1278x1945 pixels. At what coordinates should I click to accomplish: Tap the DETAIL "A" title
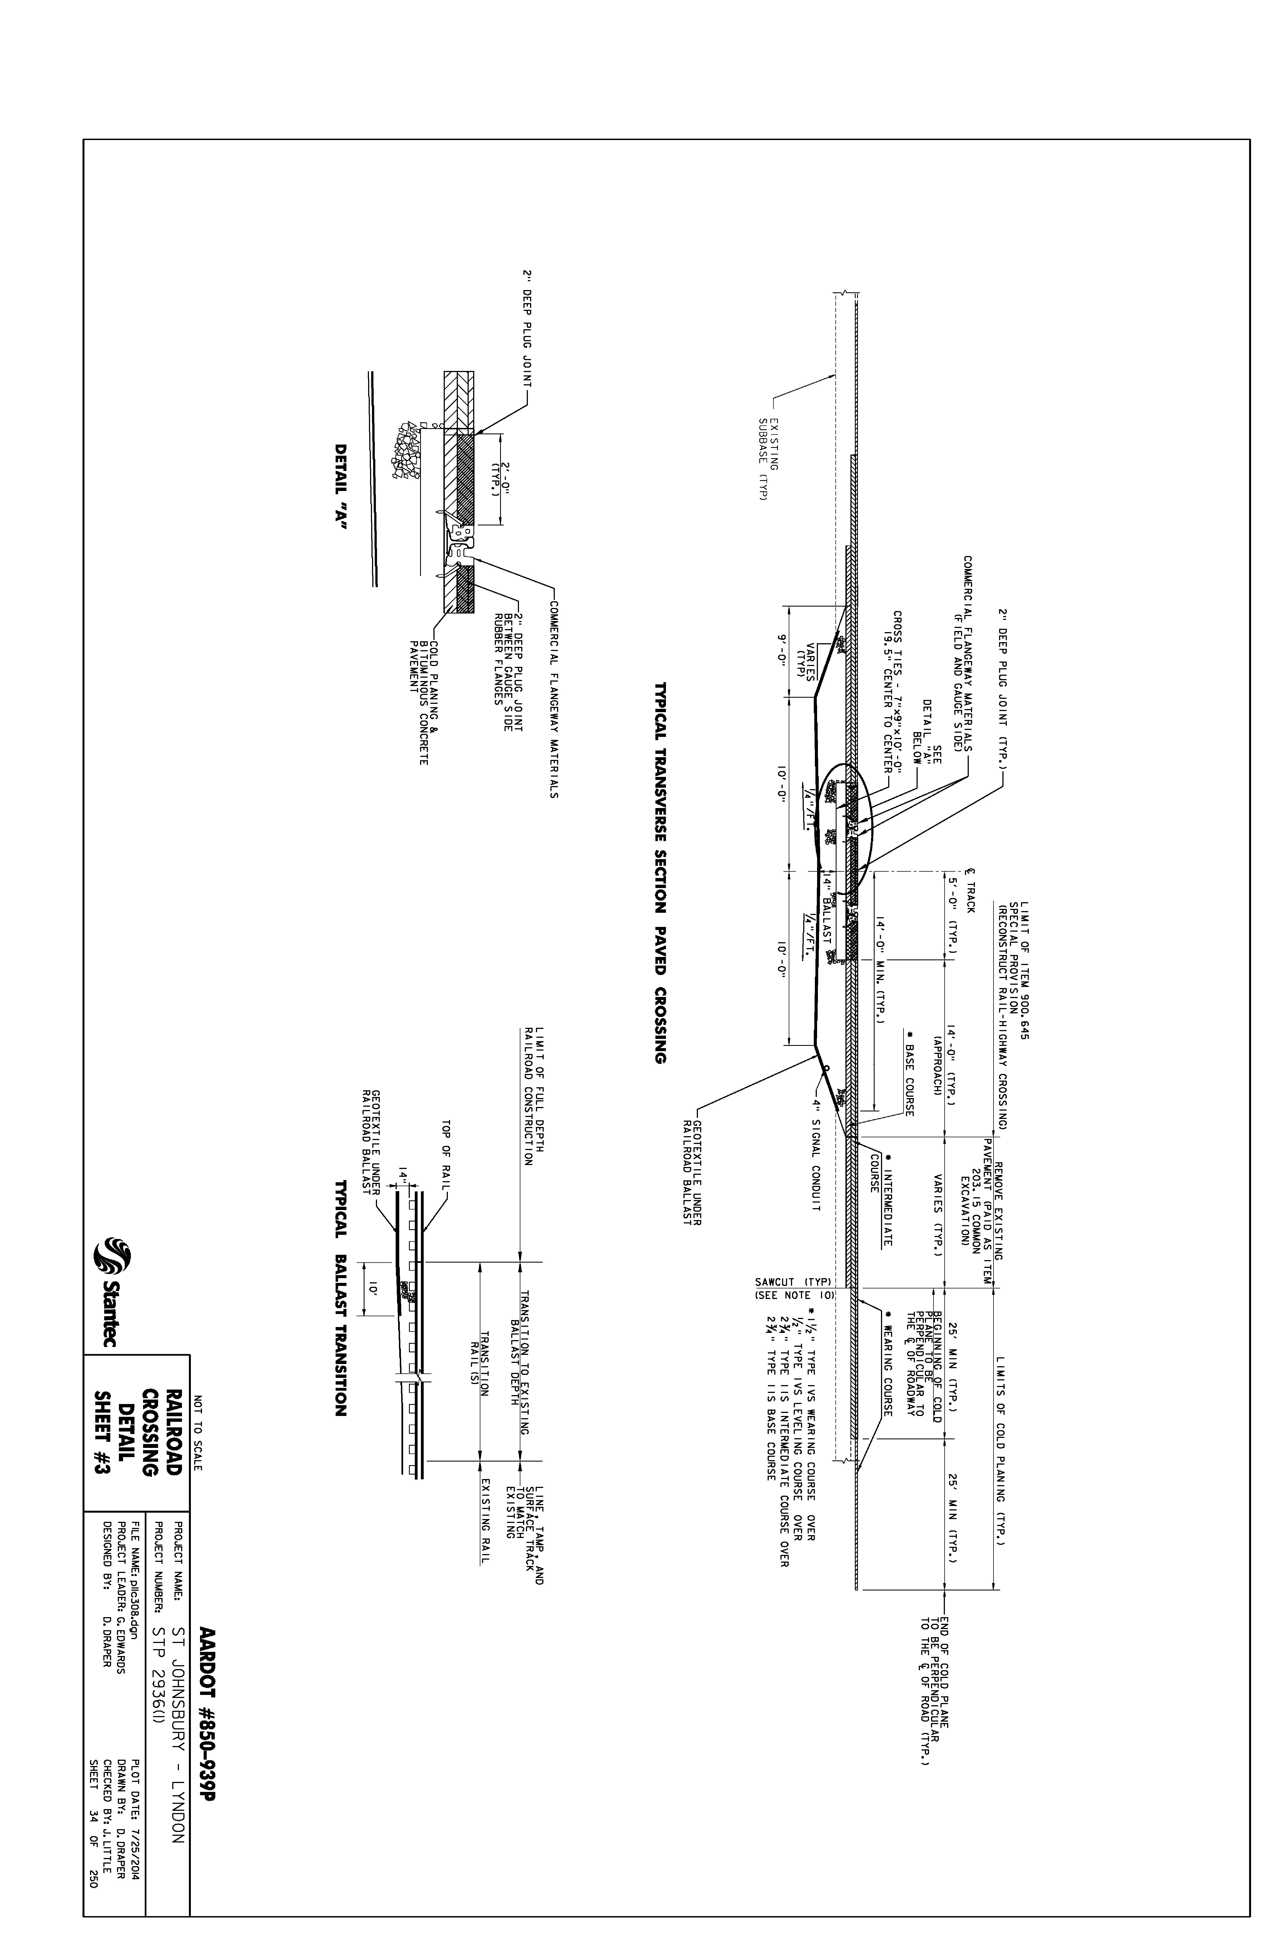[341, 488]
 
